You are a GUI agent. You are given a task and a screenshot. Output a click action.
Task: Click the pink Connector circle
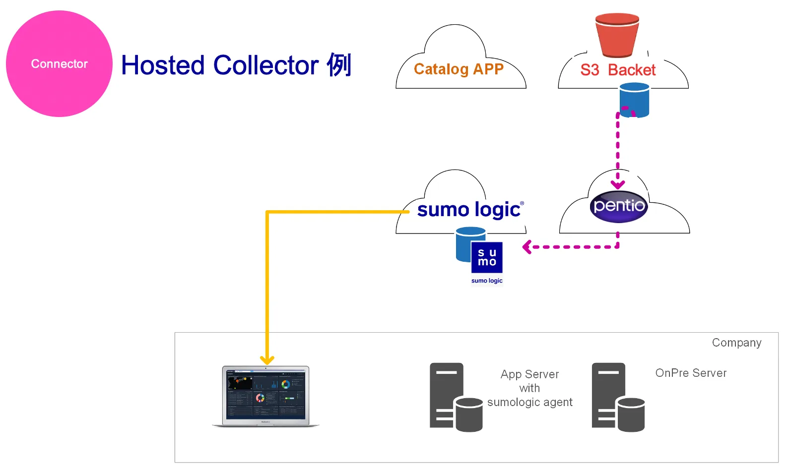[x=59, y=64]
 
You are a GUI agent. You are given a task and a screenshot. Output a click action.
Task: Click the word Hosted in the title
[x=163, y=65]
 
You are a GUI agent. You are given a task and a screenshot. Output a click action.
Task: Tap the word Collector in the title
[x=266, y=65]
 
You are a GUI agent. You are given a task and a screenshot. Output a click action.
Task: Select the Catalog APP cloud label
[x=459, y=69]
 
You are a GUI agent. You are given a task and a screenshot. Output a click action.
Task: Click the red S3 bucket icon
[x=617, y=35]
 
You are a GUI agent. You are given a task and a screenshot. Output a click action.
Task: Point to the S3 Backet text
[x=618, y=70]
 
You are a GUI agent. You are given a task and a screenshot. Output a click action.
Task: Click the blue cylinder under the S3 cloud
[x=635, y=100]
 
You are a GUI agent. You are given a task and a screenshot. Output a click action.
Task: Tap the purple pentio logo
[x=619, y=206]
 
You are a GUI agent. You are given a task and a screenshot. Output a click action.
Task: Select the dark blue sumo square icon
[x=487, y=257]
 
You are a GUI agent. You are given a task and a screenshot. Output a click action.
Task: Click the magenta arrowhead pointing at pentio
[x=618, y=184]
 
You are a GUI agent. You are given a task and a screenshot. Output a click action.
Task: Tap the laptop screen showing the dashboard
[x=265, y=395]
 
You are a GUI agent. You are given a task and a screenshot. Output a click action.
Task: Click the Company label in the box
[x=736, y=343]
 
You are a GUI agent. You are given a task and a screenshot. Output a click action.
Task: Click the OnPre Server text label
[x=691, y=373]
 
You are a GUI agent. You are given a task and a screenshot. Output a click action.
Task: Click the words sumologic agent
[x=529, y=402]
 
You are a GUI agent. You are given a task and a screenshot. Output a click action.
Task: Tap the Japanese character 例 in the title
[x=339, y=65]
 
